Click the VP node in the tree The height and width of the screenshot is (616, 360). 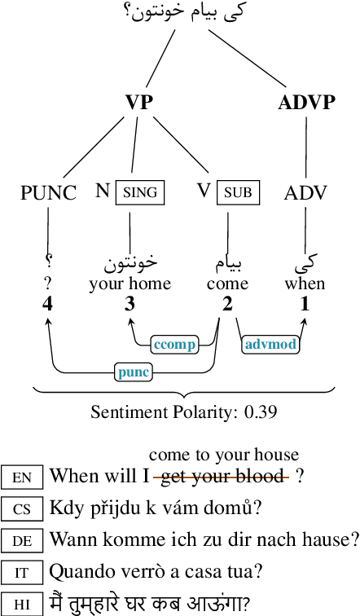(138, 103)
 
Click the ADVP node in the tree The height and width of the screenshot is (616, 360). (306, 103)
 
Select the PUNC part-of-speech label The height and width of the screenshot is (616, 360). (48, 193)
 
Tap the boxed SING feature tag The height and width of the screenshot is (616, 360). (138, 193)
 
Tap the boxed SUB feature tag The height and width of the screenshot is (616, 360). (239, 193)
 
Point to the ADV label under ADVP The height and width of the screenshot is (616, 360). (306, 193)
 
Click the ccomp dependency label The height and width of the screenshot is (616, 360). (173, 345)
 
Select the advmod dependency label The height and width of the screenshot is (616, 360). (270, 345)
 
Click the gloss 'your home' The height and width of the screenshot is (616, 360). (130, 284)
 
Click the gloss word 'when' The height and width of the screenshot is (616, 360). (305, 284)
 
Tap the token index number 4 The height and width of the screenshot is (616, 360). (48, 304)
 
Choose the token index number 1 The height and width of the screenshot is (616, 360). (305, 304)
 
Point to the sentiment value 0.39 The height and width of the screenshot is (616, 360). (261, 411)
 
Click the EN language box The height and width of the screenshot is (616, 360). (22, 477)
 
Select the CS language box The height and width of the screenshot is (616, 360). (22, 509)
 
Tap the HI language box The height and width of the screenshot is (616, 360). (22, 604)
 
